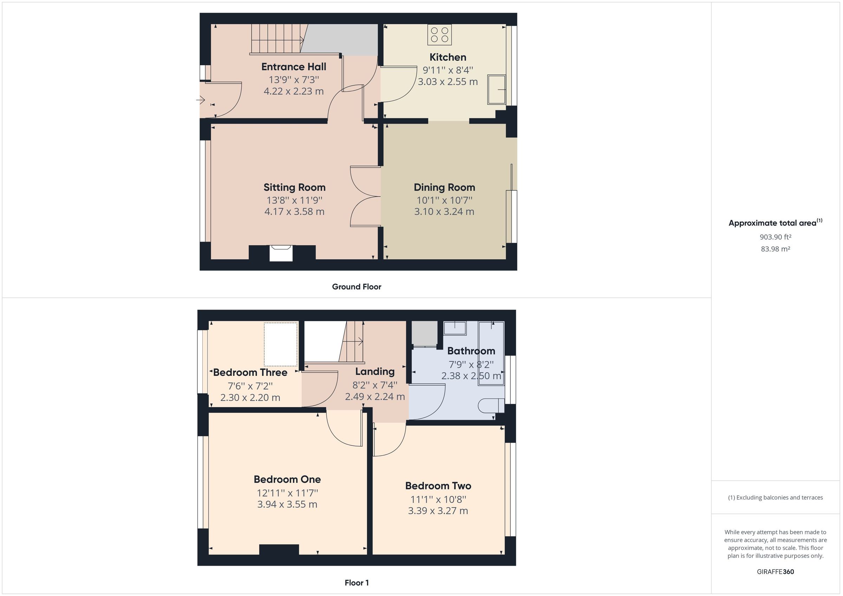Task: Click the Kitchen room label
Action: pyautogui.click(x=447, y=57)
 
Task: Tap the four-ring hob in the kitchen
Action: pyautogui.click(x=439, y=35)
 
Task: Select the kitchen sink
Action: pyautogui.click(x=496, y=90)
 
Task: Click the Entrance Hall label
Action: pyautogui.click(x=294, y=67)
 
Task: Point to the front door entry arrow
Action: pyautogui.click(x=201, y=99)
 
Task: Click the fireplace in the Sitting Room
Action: pyautogui.click(x=281, y=253)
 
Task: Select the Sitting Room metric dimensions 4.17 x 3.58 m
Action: pyautogui.click(x=294, y=212)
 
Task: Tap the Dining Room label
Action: pyautogui.click(x=444, y=187)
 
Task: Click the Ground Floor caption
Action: pyautogui.click(x=357, y=287)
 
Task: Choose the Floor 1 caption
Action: pyautogui.click(x=357, y=582)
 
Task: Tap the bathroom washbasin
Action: pyautogui.click(x=455, y=328)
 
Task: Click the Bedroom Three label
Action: pyautogui.click(x=250, y=372)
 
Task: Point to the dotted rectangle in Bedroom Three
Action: pyautogui.click(x=281, y=344)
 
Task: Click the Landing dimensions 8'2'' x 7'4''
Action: pyautogui.click(x=375, y=385)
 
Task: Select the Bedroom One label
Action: pyautogui.click(x=287, y=479)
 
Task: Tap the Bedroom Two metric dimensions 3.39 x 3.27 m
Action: pyautogui.click(x=438, y=511)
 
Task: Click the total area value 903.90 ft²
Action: pyautogui.click(x=776, y=237)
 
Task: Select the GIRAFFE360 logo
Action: pyautogui.click(x=776, y=571)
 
